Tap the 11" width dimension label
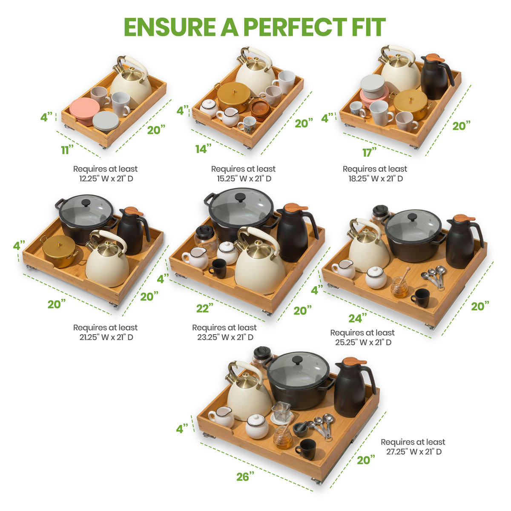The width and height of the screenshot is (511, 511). click(68, 150)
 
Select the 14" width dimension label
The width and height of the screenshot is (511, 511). click(204, 149)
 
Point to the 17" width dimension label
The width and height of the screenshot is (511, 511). click(370, 152)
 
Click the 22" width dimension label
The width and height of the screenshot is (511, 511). click(205, 308)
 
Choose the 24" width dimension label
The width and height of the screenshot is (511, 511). click(358, 318)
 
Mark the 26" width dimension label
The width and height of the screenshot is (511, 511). click(245, 477)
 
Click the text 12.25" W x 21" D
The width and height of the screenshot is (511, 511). click(106, 178)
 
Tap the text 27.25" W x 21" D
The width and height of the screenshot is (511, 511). click(413, 451)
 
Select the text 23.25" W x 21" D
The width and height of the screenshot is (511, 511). click(225, 337)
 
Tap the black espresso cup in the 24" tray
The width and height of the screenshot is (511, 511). click(420, 298)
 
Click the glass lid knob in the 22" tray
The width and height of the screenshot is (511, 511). click(240, 197)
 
